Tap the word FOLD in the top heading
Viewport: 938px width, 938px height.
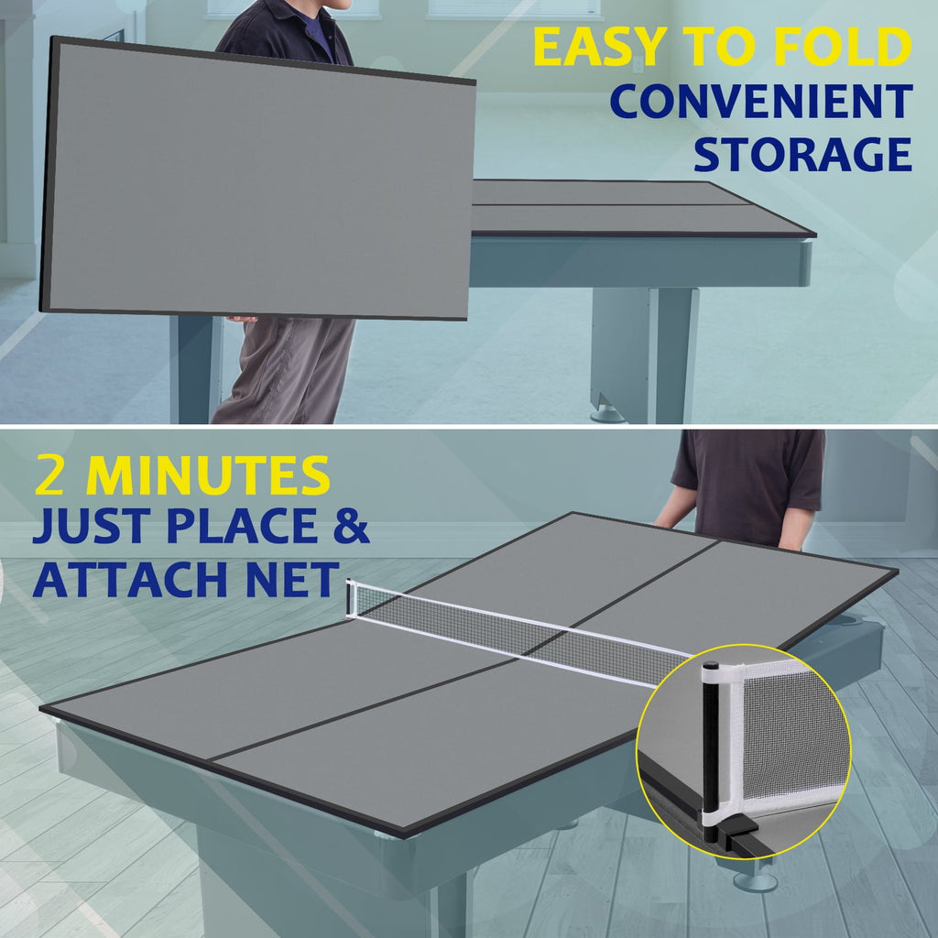tap(843, 47)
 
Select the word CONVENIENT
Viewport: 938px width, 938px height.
tap(761, 101)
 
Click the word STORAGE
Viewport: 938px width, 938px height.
tap(802, 154)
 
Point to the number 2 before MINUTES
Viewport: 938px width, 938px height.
tap(49, 475)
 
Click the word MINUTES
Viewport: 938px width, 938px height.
tap(208, 475)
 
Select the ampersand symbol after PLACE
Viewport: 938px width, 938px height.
tap(351, 526)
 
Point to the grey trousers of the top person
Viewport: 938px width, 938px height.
tap(284, 370)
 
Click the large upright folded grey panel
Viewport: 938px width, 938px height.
tap(257, 179)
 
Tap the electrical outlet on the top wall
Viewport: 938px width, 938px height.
tap(638, 64)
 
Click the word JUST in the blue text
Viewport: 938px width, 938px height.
tap(92, 526)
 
